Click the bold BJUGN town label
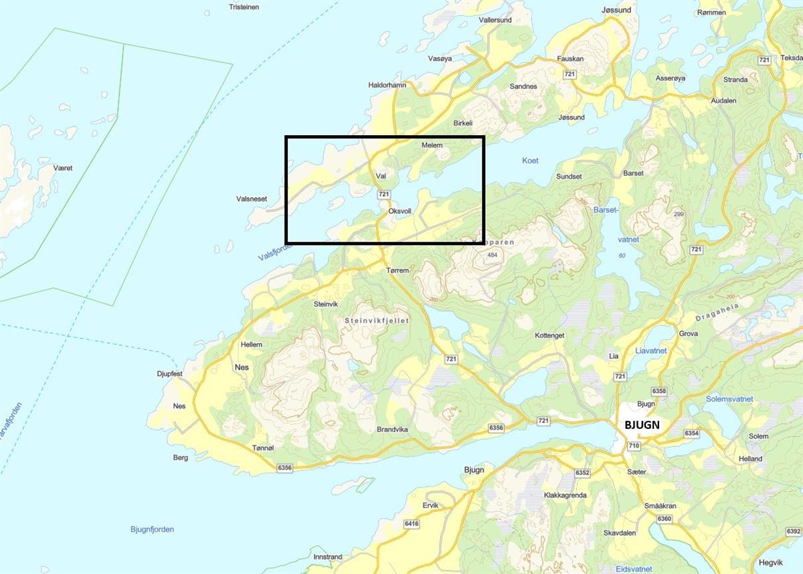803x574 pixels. (x=642, y=424)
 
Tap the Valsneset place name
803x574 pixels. (x=252, y=199)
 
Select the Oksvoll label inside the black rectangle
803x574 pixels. (x=399, y=211)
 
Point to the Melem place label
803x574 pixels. (x=432, y=145)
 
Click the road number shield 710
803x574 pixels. (x=634, y=446)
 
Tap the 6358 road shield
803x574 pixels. (x=659, y=391)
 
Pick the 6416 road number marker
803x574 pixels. (x=412, y=524)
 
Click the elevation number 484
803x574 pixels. (x=493, y=255)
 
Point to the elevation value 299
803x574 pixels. (x=679, y=214)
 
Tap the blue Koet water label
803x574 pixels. (x=529, y=161)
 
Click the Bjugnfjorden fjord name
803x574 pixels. (x=152, y=529)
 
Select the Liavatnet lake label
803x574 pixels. (x=651, y=351)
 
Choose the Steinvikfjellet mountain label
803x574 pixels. (x=376, y=320)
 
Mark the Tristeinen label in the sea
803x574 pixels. (x=244, y=7)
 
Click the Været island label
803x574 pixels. (x=63, y=168)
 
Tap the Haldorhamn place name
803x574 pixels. (x=387, y=85)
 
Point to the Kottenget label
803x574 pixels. (x=549, y=335)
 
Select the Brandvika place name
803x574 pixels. (x=392, y=429)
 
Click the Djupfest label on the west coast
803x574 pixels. (x=169, y=374)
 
